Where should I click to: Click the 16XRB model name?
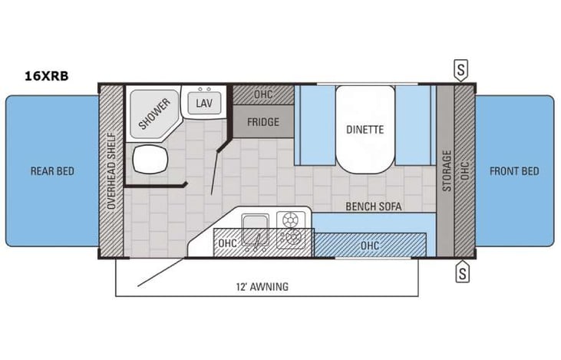click(47, 76)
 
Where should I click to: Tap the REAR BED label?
click(52, 170)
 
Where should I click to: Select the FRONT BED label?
click(514, 170)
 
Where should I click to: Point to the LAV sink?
click(203, 104)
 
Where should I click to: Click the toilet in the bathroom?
click(149, 160)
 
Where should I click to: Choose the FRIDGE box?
click(262, 122)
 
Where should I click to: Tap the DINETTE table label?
click(364, 130)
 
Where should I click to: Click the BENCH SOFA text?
click(374, 206)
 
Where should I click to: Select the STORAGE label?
click(447, 170)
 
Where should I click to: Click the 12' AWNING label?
click(263, 287)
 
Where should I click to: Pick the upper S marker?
click(461, 69)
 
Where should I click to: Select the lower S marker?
click(461, 272)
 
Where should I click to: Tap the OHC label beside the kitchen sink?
click(227, 243)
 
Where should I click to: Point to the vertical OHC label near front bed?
click(464, 170)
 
